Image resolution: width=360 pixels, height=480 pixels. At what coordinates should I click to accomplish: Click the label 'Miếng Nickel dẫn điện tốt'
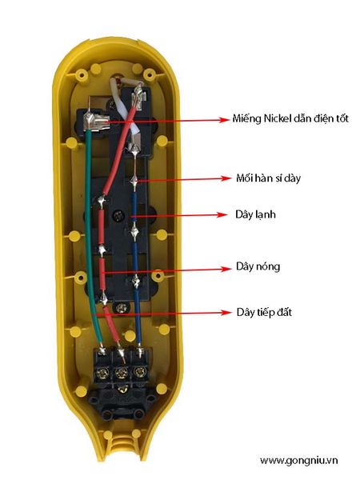click(x=290, y=118)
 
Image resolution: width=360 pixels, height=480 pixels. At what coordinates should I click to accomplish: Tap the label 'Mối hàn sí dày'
click(x=268, y=178)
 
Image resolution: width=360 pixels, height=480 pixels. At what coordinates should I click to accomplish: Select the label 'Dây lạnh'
click(x=255, y=214)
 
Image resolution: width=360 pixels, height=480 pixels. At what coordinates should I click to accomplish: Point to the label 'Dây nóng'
click(x=258, y=266)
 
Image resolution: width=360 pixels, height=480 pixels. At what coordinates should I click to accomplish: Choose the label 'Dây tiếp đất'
click(x=264, y=312)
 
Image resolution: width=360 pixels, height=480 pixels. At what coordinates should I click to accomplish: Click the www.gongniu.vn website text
click(x=298, y=461)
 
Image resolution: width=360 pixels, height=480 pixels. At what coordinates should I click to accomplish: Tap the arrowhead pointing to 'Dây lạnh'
click(x=222, y=215)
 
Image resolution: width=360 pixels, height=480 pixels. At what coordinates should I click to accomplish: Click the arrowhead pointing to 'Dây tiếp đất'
click(x=226, y=313)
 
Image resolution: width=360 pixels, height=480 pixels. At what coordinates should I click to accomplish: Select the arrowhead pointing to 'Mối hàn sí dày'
click(x=225, y=178)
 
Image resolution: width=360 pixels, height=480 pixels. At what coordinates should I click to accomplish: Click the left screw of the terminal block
click(x=102, y=373)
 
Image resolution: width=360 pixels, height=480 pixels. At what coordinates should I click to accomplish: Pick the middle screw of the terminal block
click(x=122, y=373)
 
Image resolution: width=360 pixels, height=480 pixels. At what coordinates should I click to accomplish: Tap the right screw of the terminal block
click(x=139, y=372)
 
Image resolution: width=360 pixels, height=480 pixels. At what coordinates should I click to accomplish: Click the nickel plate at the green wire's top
click(x=95, y=122)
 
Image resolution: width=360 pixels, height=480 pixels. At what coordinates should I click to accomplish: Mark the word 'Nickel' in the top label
click(x=278, y=118)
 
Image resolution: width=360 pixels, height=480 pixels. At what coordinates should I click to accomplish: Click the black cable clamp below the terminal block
click(x=122, y=406)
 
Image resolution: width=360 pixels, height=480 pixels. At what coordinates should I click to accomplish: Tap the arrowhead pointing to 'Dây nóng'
click(x=226, y=269)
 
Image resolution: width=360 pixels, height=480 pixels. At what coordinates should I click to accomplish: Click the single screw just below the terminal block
click(x=122, y=390)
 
